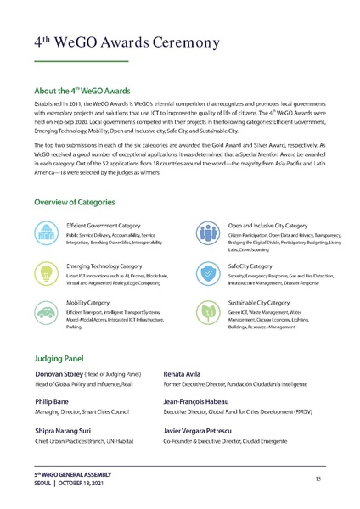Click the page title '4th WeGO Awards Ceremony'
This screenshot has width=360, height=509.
(x=127, y=42)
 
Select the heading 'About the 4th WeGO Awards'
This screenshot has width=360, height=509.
(x=81, y=90)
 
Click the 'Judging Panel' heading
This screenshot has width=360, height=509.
(x=60, y=358)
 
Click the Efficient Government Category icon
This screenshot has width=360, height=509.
(x=47, y=232)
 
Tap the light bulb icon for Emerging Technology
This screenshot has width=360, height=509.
(x=47, y=272)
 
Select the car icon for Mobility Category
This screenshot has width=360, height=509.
(x=47, y=311)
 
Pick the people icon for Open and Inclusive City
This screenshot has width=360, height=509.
(x=207, y=232)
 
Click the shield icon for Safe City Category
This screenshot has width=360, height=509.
(x=207, y=272)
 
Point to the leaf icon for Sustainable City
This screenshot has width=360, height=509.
(x=207, y=311)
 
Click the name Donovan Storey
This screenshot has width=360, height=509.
(x=57, y=374)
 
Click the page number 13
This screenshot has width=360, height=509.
(x=317, y=479)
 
